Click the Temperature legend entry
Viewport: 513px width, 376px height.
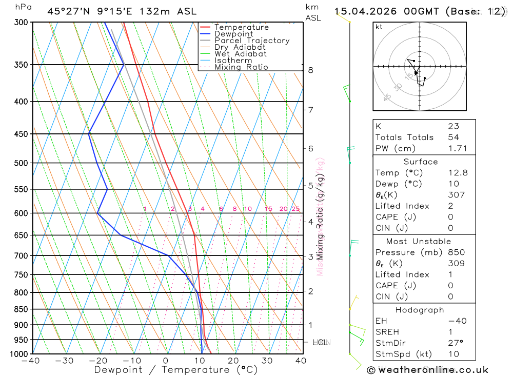241,27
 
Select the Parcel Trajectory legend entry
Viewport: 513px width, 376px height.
252,41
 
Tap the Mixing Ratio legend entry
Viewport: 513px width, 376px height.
241,67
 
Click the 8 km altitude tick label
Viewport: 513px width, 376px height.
310,70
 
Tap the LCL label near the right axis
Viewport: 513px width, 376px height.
320,342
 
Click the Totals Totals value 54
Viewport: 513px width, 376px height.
453,137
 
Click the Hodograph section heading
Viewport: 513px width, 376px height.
420,310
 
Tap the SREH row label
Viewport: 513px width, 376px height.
387,332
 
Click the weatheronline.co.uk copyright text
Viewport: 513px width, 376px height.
428,369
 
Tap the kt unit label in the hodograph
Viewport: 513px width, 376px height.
379,27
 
